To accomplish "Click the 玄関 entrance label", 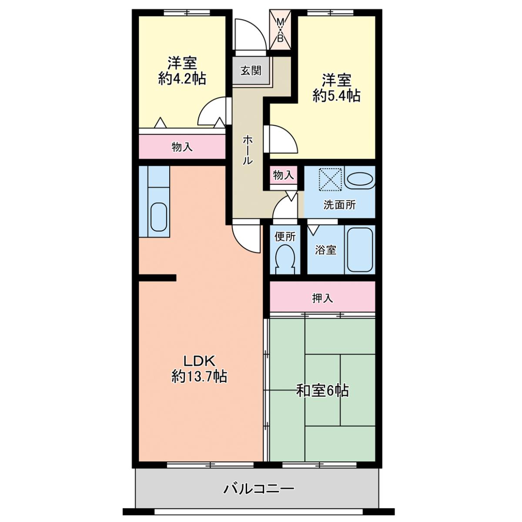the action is point(251,71).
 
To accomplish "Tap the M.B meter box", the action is point(280,30).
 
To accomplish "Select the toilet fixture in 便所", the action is point(284,260).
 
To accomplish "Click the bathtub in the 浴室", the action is point(359,250).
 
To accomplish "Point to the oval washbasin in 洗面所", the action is point(360,179).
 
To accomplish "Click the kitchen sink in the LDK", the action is point(158,217).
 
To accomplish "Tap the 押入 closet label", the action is point(322,298).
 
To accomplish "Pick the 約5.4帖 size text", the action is point(336,95).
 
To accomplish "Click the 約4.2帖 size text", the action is point(182,79).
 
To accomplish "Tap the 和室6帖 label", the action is point(322,390).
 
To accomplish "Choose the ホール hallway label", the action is point(248,150).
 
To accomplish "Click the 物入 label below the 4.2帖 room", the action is point(182,147).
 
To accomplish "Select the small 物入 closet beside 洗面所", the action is point(283,175).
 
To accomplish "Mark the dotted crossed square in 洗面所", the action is point(331,179).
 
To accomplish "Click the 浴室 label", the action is point(325,250).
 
